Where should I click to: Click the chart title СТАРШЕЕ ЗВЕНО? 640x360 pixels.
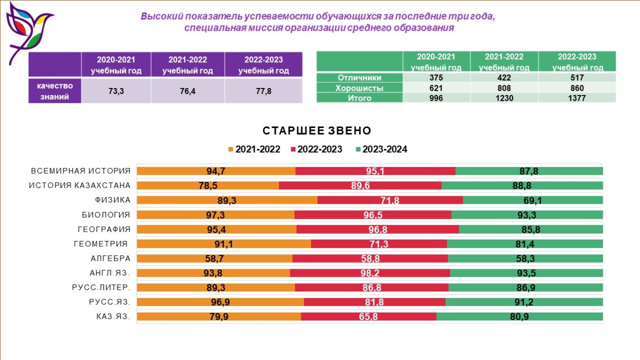click(x=317, y=131)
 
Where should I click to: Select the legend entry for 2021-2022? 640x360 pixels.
click(x=254, y=149)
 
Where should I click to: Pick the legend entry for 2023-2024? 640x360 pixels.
click(x=381, y=149)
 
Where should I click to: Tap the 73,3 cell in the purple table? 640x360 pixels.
click(x=116, y=91)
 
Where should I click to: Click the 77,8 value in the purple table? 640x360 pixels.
click(x=263, y=91)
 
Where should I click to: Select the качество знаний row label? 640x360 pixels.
click(x=55, y=91)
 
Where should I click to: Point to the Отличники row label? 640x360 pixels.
click(x=359, y=78)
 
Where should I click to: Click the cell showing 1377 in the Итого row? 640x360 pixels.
click(x=577, y=98)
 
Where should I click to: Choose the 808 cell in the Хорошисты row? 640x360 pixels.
click(x=503, y=88)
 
